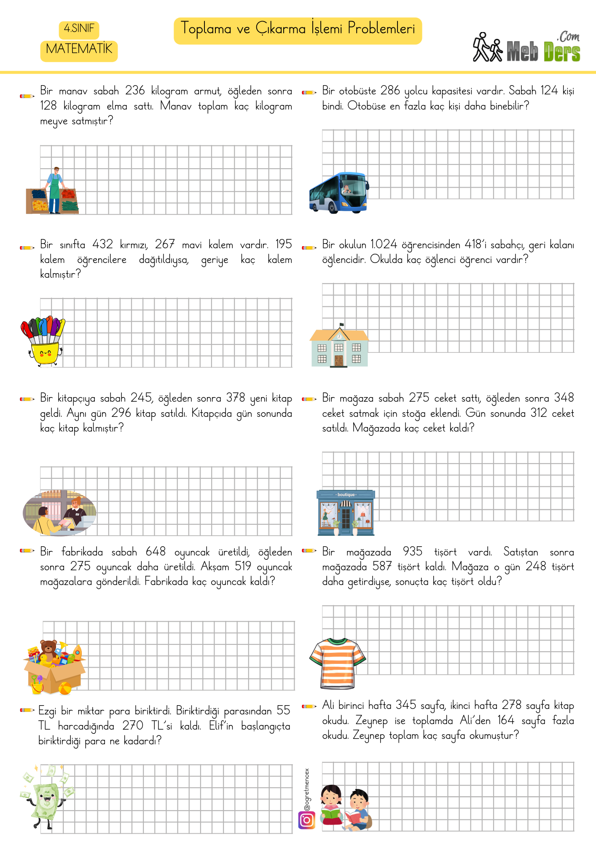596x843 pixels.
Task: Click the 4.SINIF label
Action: (x=79, y=29)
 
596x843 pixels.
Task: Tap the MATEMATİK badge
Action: (x=79, y=49)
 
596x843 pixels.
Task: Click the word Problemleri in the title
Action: (x=381, y=29)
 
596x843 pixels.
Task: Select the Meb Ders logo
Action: (x=526, y=48)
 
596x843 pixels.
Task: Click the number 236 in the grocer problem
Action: (x=135, y=91)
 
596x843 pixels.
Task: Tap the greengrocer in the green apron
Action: (x=55, y=190)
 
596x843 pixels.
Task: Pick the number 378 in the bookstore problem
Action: (x=236, y=398)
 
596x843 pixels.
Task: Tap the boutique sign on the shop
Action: (x=346, y=495)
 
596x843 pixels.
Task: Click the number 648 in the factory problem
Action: (x=156, y=552)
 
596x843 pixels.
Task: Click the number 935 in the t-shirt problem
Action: (x=412, y=552)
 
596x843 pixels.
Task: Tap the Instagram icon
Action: (x=307, y=820)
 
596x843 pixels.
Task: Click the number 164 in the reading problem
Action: (x=506, y=720)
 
